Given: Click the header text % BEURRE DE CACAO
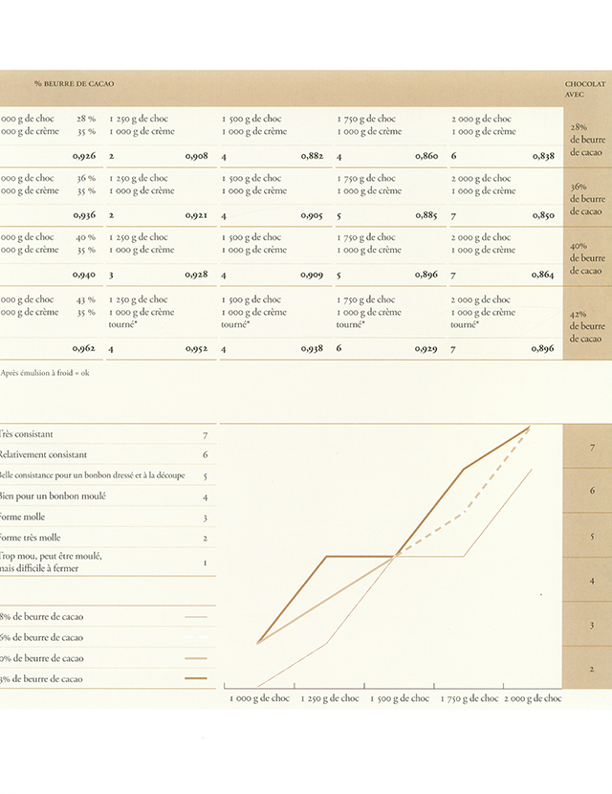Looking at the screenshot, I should pyautogui.click(x=74, y=84).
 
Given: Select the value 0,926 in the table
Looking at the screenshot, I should pyautogui.click(x=84, y=155).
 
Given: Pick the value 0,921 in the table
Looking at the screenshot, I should pyautogui.click(x=197, y=215).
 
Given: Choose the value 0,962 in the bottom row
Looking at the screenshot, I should pyautogui.click(x=84, y=349).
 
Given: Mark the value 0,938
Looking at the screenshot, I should pyautogui.click(x=312, y=349).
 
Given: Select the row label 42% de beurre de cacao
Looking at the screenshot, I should pyautogui.click(x=586, y=326).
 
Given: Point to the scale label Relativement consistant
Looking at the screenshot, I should pyautogui.click(x=43, y=454).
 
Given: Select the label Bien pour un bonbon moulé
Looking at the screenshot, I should pyautogui.click(x=54, y=496).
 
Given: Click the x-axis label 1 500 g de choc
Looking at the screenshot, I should pyautogui.click(x=398, y=698).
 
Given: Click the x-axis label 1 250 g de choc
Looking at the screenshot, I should pyautogui.click(x=328, y=698).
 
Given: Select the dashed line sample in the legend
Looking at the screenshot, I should pyautogui.click(x=196, y=638).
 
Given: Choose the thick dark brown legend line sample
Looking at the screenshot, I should pyautogui.click(x=196, y=679).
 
